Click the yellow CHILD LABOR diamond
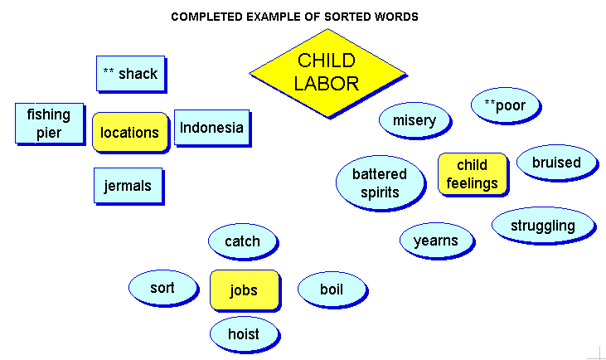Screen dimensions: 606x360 [327, 73]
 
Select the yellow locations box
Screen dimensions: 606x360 [130, 132]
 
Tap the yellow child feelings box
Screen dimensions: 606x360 [473, 173]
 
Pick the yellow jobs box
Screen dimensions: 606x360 [245, 289]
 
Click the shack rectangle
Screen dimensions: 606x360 [131, 73]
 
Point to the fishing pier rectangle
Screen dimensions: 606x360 [49, 123]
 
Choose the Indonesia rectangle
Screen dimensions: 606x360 [211, 127]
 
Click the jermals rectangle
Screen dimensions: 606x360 [128, 185]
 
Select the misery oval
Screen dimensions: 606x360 [415, 120]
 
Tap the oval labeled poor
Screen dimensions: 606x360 [506, 105]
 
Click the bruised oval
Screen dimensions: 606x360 [556, 162]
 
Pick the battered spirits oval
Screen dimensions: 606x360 [380, 182]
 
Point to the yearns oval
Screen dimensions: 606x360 [436, 240]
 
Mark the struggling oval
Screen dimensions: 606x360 [543, 225]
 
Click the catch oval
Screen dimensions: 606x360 [243, 241]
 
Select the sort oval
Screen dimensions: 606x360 [162, 287]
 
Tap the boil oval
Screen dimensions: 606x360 [332, 289]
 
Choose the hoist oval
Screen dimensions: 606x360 [245, 333]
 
